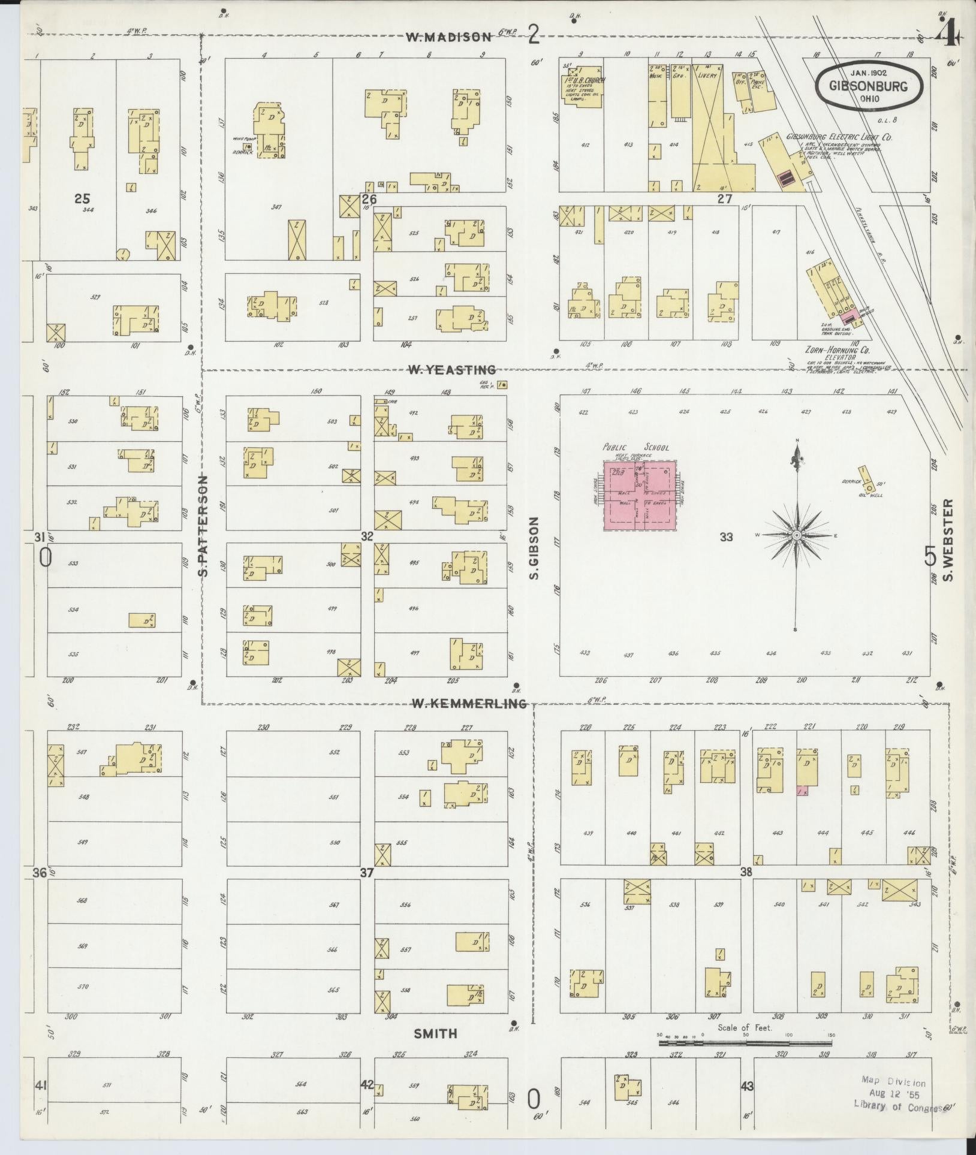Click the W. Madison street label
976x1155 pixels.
(448, 37)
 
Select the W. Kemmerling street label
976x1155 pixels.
(468, 704)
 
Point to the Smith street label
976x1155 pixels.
(436, 1033)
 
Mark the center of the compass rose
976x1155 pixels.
(797, 535)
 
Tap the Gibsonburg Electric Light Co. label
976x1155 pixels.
(839, 137)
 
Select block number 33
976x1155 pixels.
(727, 537)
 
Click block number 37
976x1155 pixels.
(367, 873)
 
